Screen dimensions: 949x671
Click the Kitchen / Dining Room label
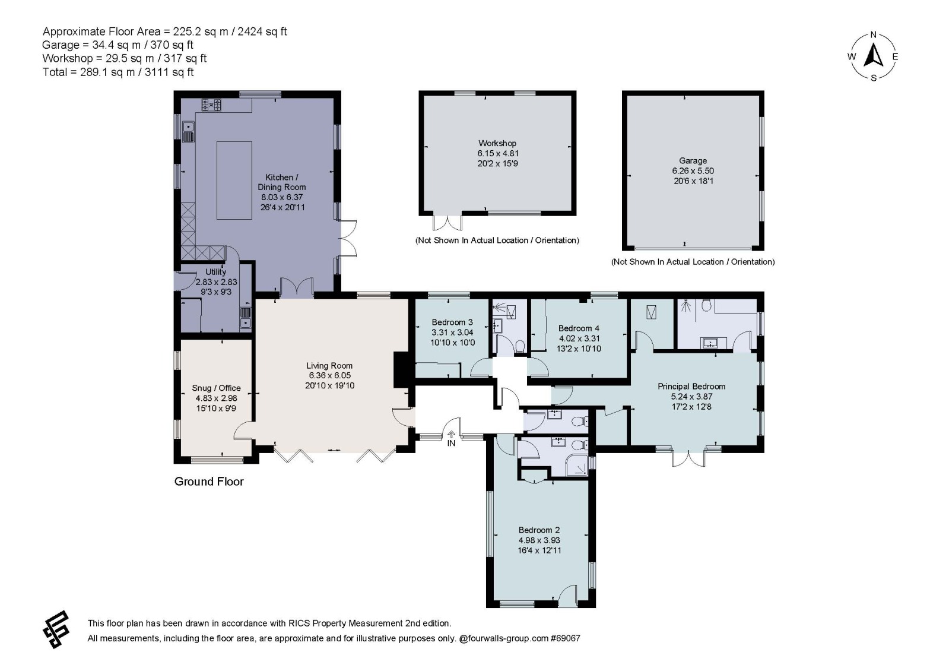coord(282,182)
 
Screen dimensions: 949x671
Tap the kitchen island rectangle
coord(234,180)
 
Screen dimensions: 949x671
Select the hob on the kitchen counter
coord(211,105)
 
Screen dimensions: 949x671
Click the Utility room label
coord(215,272)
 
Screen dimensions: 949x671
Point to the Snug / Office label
coord(216,388)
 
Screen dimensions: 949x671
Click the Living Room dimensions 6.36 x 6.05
coord(329,375)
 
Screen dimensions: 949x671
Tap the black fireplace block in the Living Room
coord(401,369)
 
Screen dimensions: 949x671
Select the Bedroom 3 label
coord(452,322)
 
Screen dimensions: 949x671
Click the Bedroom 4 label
coord(579,328)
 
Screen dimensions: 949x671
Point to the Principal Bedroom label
coord(691,386)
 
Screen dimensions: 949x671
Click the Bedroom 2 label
coord(539,530)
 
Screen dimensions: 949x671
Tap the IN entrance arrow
coord(451,435)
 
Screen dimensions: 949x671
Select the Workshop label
coord(497,143)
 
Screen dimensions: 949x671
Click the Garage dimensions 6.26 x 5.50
coord(693,171)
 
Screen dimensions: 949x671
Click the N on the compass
coord(873,35)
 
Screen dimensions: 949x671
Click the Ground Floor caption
coord(209,482)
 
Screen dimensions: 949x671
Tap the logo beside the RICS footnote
coord(56,629)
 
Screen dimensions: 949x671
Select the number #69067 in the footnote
coord(565,638)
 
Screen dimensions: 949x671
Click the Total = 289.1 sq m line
coord(118,72)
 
